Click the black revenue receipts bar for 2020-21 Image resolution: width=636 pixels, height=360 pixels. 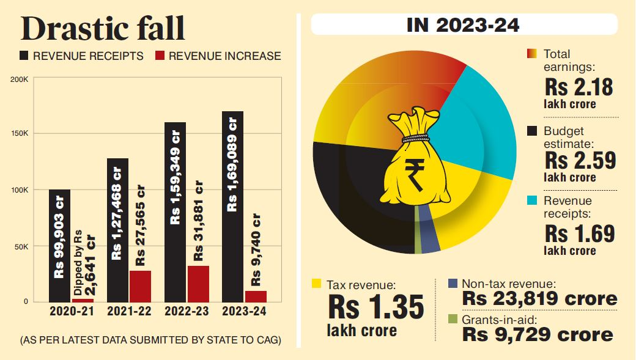pyautogui.click(x=59, y=244)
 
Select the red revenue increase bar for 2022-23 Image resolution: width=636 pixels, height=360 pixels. pyautogui.click(x=198, y=284)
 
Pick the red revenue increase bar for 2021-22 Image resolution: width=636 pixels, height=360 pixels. pyautogui.click(x=140, y=286)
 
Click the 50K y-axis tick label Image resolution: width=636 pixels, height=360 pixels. pyautogui.click(x=21, y=247)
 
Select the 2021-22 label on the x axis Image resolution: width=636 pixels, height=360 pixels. pyautogui.click(x=130, y=312)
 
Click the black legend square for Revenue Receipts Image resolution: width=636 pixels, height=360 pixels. pyautogui.click(x=24, y=56)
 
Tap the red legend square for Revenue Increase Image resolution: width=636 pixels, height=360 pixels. pyautogui.click(x=160, y=56)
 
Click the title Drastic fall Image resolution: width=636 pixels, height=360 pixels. pyautogui.click(x=103, y=29)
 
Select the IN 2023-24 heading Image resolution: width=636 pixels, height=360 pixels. pyautogui.click(x=463, y=25)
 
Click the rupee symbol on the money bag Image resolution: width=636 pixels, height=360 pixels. pyautogui.click(x=417, y=172)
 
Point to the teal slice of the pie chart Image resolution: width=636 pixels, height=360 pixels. pyautogui.click(x=465, y=122)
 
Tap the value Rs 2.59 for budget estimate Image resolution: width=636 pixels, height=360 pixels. pyautogui.click(x=580, y=161)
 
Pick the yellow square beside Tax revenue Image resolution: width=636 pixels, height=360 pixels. pyautogui.click(x=316, y=284)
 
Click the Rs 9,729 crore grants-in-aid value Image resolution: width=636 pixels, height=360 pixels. pyautogui.click(x=538, y=334)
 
